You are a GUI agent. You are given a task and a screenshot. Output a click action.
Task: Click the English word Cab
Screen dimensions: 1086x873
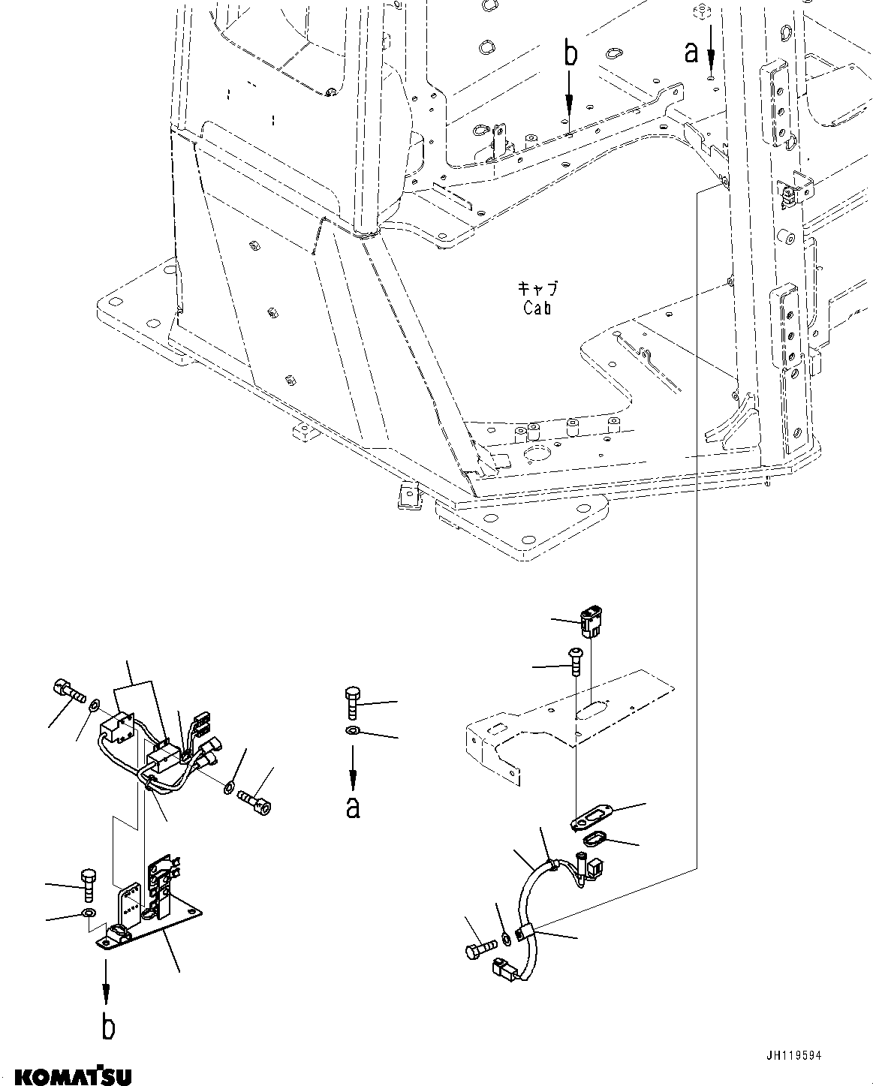coord(537,308)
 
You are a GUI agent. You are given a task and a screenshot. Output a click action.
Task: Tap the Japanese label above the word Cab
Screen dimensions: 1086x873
coord(537,288)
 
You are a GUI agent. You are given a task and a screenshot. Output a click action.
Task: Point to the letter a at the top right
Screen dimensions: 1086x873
coord(691,52)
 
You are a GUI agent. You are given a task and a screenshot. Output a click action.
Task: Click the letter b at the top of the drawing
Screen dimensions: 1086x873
coord(570,56)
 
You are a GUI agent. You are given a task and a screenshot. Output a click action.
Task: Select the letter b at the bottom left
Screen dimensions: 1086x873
coord(108,1027)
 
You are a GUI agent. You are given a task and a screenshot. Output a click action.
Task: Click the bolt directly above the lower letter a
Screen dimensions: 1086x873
coord(353,702)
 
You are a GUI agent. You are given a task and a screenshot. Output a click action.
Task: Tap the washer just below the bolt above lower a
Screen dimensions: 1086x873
coord(353,731)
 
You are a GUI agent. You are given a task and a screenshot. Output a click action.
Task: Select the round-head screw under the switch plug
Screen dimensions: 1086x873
coord(576,661)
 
